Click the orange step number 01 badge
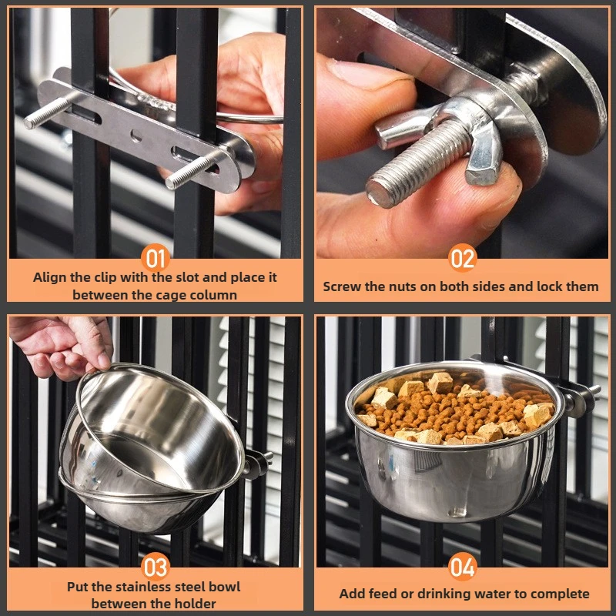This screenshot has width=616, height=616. tap(155, 258)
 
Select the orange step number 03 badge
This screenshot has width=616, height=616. tap(155, 567)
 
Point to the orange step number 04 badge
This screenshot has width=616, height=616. tap(462, 568)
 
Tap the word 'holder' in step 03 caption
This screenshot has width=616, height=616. tap(192, 604)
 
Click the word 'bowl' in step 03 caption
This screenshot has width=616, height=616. tap(224, 587)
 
